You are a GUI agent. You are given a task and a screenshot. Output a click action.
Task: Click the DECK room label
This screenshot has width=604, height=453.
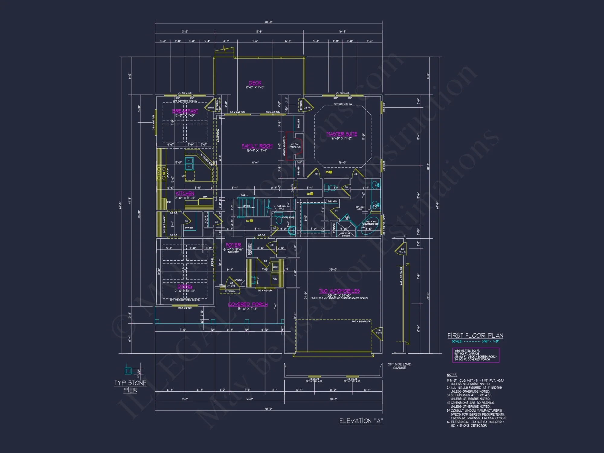(x=255, y=83)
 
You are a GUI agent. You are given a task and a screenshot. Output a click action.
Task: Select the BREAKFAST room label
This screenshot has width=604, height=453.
(x=185, y=111)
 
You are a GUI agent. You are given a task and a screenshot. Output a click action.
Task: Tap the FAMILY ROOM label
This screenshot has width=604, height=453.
(x=257, y=146)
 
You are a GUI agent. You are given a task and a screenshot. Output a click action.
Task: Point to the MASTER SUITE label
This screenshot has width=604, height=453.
(x=342, y=134)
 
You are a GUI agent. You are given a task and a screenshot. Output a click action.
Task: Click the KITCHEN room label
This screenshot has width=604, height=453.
(x=185, y=193)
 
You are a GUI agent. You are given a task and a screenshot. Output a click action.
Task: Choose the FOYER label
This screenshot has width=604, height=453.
(x=233, y=245)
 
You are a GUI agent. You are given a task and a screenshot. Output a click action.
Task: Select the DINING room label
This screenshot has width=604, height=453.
(x=185, y=286)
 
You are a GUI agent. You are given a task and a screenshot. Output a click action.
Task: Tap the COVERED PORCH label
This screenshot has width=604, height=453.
(x=248, y=304)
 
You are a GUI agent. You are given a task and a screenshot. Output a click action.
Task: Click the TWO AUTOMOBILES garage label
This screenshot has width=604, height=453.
(x=339, y=291)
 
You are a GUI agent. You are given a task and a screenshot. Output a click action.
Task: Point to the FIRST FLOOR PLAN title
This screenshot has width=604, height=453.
(x=475, y=336)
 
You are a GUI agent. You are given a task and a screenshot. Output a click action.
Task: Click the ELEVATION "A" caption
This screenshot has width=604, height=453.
(x=361, y=421)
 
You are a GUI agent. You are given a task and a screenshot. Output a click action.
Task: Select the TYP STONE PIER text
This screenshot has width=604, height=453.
(x=130, y=387)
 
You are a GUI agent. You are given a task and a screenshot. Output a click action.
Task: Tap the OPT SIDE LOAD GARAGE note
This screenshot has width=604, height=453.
(x=399, y=366)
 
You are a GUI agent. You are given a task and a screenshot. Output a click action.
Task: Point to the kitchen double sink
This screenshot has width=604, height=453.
(x=189, y=164)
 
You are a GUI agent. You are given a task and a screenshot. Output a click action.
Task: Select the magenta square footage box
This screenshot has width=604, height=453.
(x=475, y=355)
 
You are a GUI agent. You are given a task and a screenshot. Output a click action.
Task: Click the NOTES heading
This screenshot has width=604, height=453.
(x=452, y=375)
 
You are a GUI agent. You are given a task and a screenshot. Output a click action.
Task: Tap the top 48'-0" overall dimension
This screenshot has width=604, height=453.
(x=268, y=22)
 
